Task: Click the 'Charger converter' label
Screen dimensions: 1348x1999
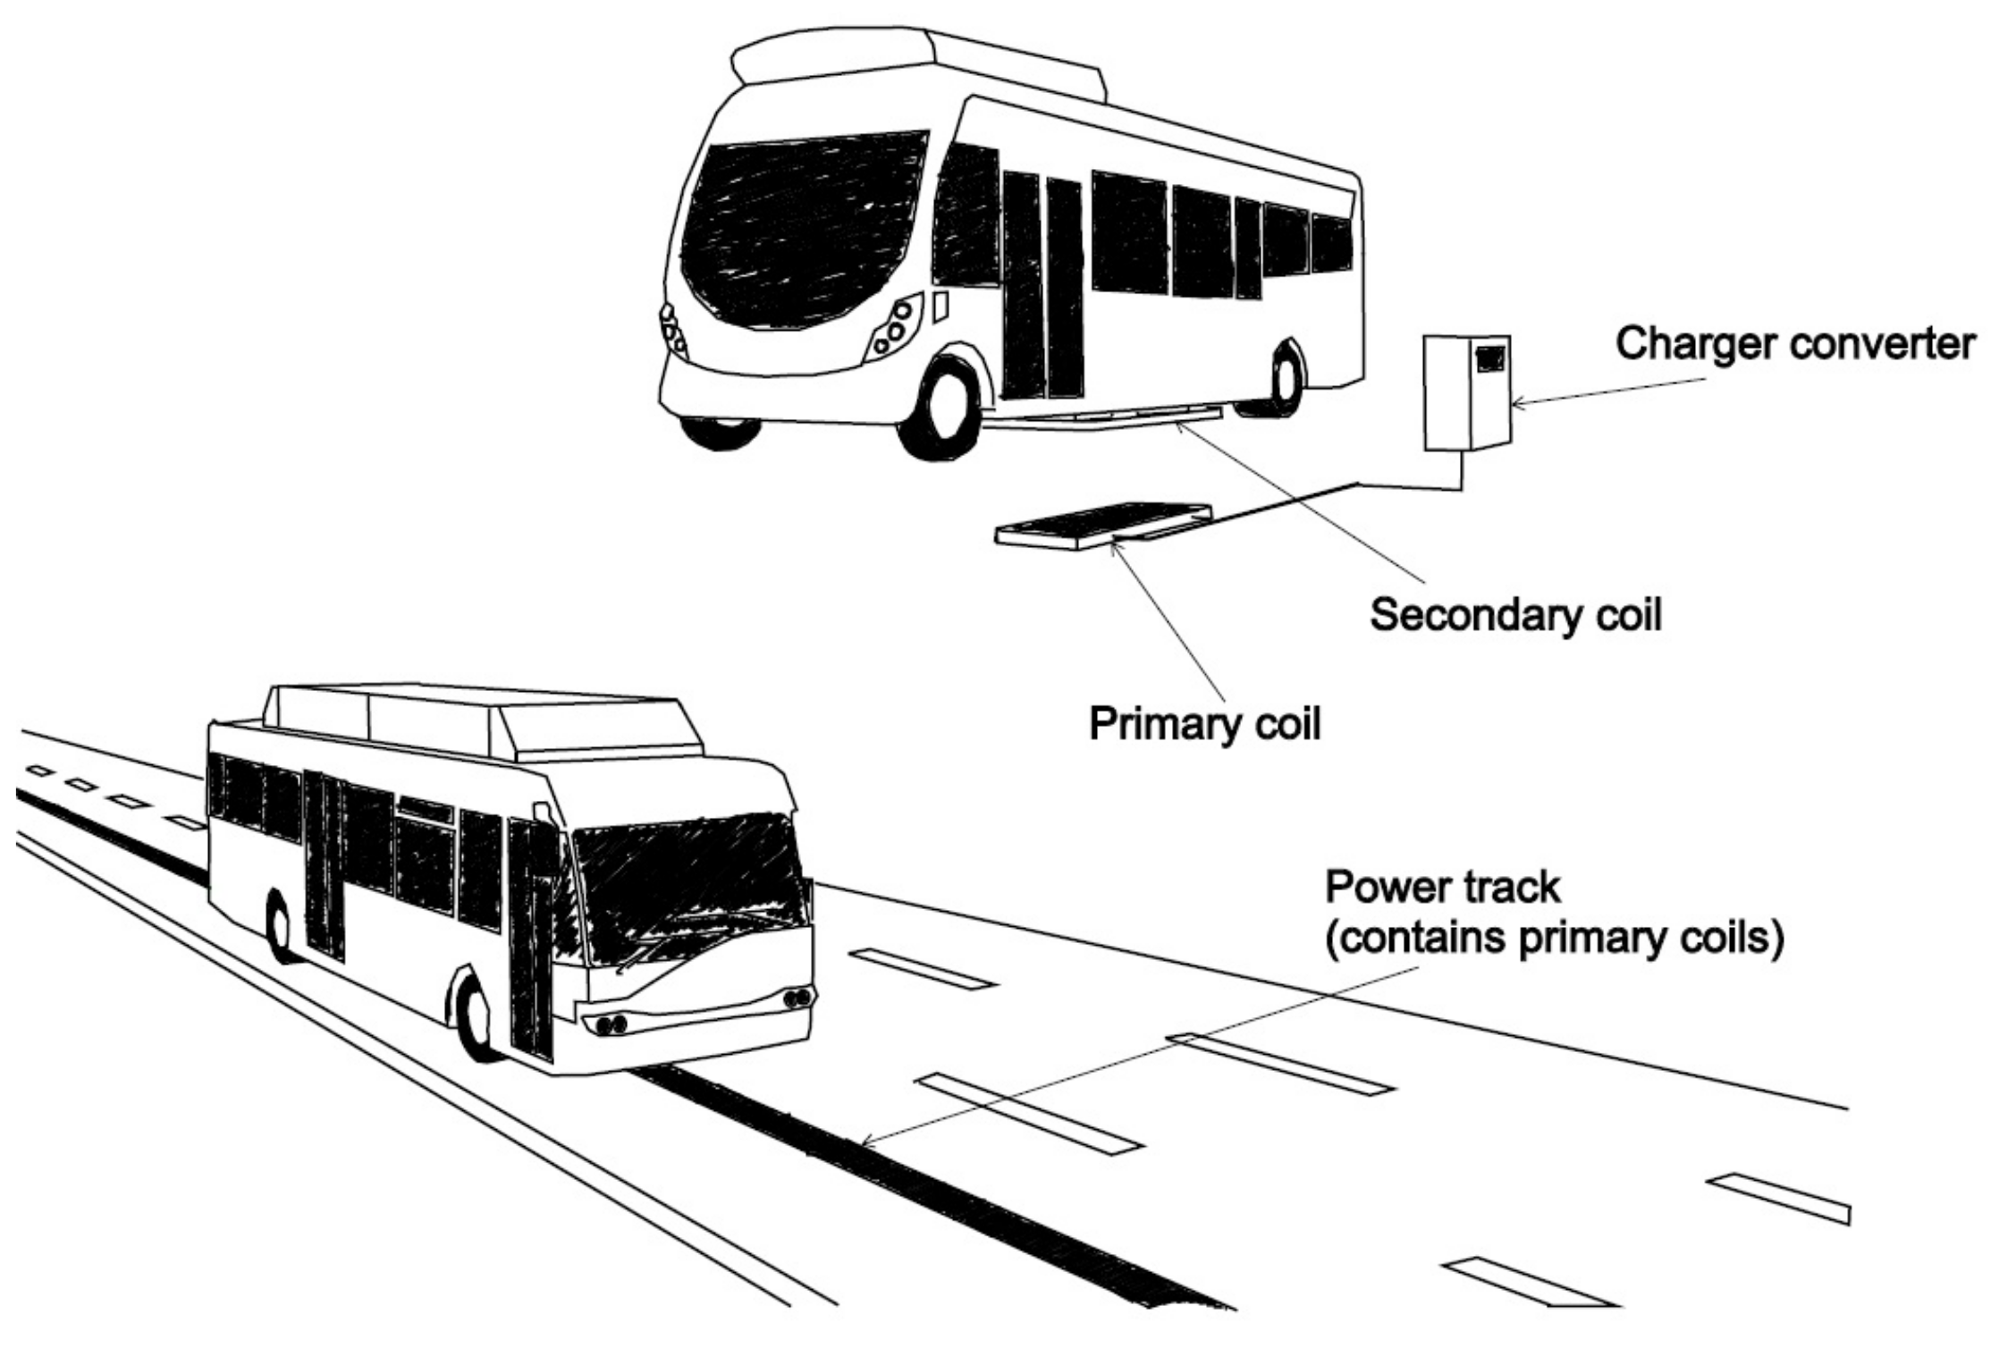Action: [1794, 344]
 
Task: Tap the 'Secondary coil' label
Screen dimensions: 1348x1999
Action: [1515, 615]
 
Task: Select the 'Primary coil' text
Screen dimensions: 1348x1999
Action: [1204, 724]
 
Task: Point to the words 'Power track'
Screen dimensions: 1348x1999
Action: [1442, 888]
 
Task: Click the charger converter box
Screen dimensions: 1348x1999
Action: [1466, 393]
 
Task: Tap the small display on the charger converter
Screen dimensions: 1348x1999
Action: [1489, 358]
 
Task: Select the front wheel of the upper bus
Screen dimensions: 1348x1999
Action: [944, 407]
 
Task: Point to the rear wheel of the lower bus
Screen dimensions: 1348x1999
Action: [279, 930]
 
